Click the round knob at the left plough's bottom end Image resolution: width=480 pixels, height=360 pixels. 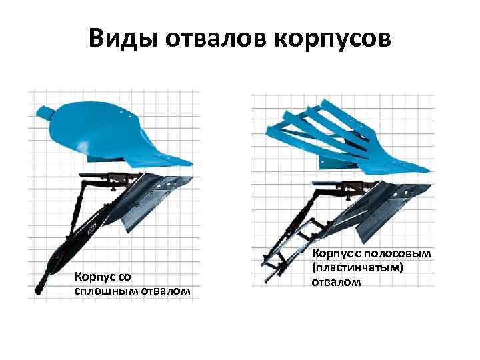pyautogui.click(x=38, y=291)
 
